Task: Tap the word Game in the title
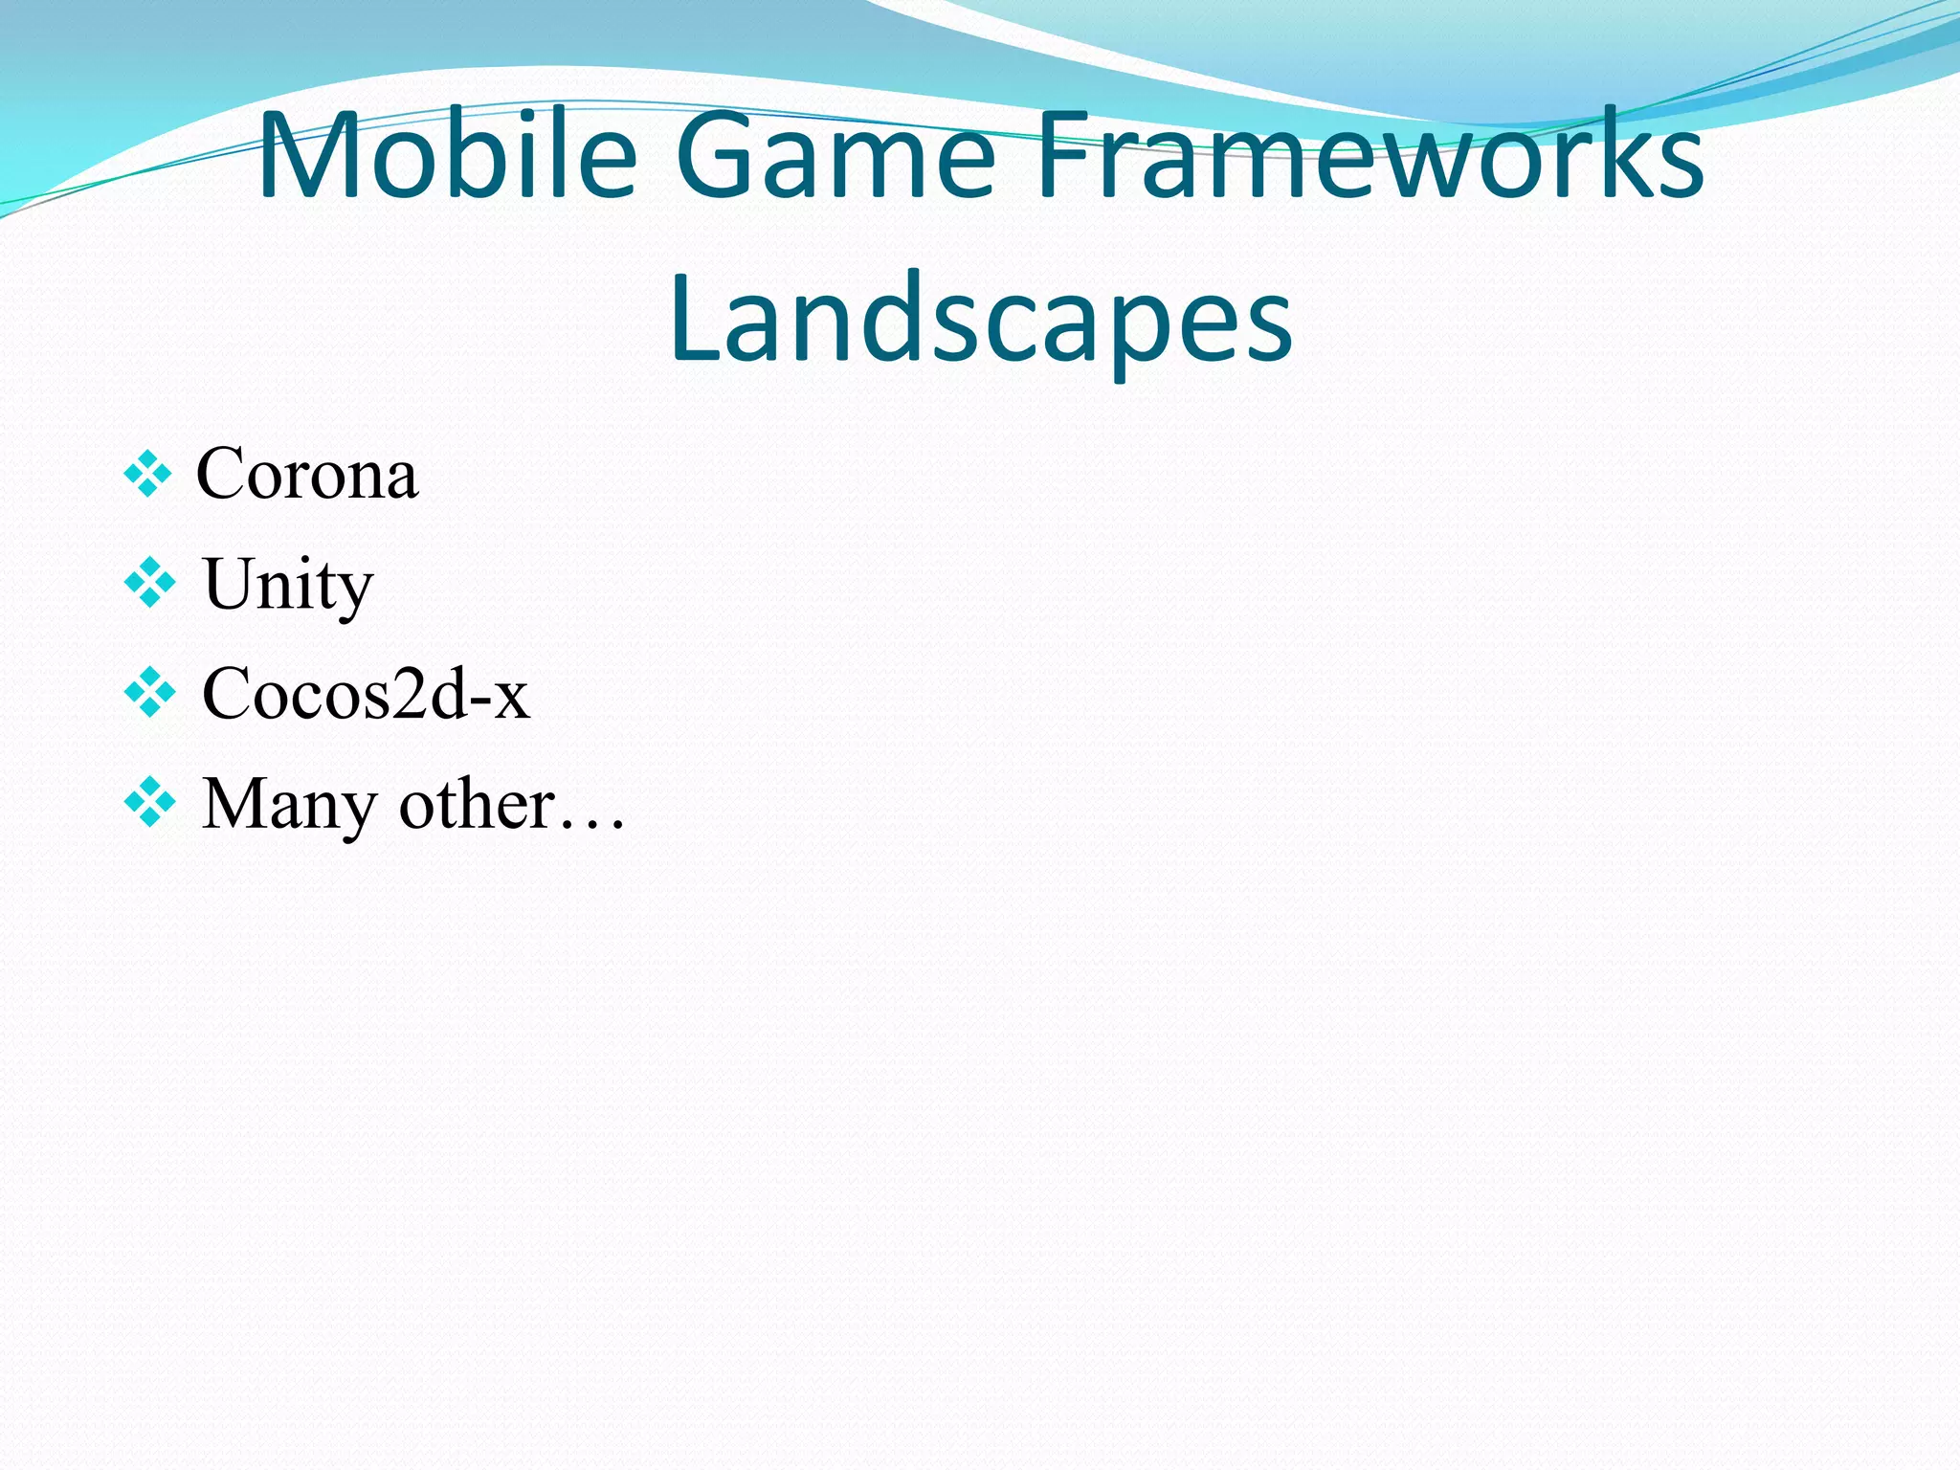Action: pos(835,156)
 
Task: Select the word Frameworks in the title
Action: pos(1369,156)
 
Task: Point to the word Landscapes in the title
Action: pos(981,319)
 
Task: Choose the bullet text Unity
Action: pos(287,584)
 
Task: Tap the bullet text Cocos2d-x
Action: pos(365,694)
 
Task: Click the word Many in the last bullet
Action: pos(289,805)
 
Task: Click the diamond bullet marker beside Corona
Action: pos(148,475)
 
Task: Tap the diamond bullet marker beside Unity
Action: pos(150,584)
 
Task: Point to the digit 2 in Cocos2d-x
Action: pos(412,693)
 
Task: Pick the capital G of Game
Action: pos(721,156)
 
